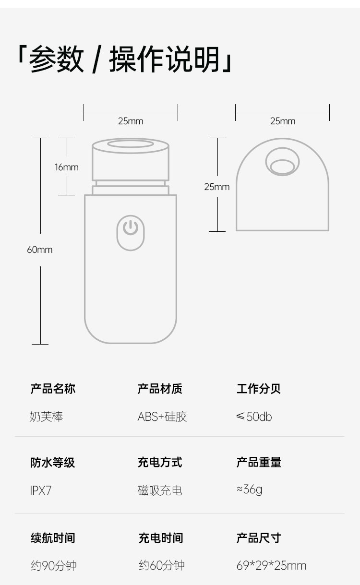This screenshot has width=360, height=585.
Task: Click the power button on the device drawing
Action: pyautogui.click(x=131, y=232)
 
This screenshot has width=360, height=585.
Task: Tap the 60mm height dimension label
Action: pyautogui.click(x=39, y=250)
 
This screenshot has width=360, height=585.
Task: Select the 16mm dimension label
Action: pyautogui.click(x=66, y=167)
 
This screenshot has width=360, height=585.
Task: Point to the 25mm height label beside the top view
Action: pyautogui.click(x=217, y=187)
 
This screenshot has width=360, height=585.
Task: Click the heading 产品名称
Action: pyautogui.click(x=53, y=389)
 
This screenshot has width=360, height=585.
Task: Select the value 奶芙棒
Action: pyautogui.click(x=47, y=417)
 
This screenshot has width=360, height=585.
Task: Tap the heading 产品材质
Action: pyautogui.click(x=160, y=389)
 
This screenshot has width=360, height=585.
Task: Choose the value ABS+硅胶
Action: pyautogui.click(x=162, y=417)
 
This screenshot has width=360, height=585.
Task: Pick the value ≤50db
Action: pyautogui.click(x=254, y=417)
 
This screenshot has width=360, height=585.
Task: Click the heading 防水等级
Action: pyautogui.click(x=53, y=463)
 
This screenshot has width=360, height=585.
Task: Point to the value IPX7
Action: pyautogui.click(x=40, y=490)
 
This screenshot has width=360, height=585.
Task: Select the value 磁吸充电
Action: pyautogui.click(x=160, y=490)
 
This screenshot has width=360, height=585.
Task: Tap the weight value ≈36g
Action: pyautogui.click(x=249, y=489)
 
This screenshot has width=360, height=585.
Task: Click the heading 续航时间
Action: pyautogui.click(x=53, y=538)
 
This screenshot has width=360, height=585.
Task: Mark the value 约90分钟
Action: pyautogui.click(x=53, y=566)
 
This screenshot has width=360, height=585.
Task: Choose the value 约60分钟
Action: pyautogui.click(x=161, y=566)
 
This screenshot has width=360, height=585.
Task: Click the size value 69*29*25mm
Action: pyautogui.click(x=271, y=566)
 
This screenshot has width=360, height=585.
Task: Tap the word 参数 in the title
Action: pyautogui.click(x=57, y=60)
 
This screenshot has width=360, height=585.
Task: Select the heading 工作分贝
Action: pyautogui.click(x=259, y=389)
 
